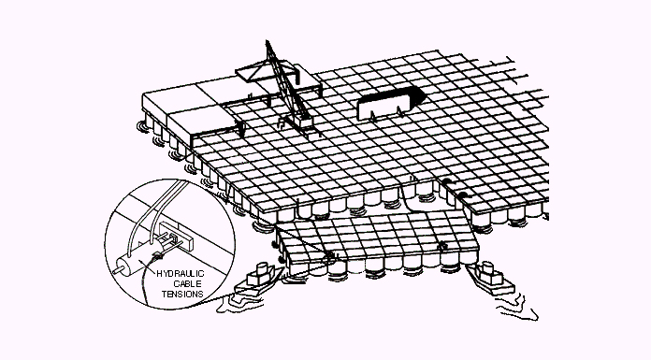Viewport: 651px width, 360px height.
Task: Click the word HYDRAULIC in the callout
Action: pos(181,274)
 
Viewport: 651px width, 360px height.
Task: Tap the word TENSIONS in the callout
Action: pos(182,294)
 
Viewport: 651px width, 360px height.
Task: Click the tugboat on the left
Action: pos(255,281)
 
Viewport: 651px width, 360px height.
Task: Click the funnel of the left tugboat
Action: pos(263,268)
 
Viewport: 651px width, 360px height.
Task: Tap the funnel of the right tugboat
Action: pos(486,267)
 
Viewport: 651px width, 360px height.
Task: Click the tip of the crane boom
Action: pos(267,41)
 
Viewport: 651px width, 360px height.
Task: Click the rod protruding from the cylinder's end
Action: pos(115,271)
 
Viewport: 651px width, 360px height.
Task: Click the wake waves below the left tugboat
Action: pos(239,305)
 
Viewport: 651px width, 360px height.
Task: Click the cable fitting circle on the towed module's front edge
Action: pos(330,257)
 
